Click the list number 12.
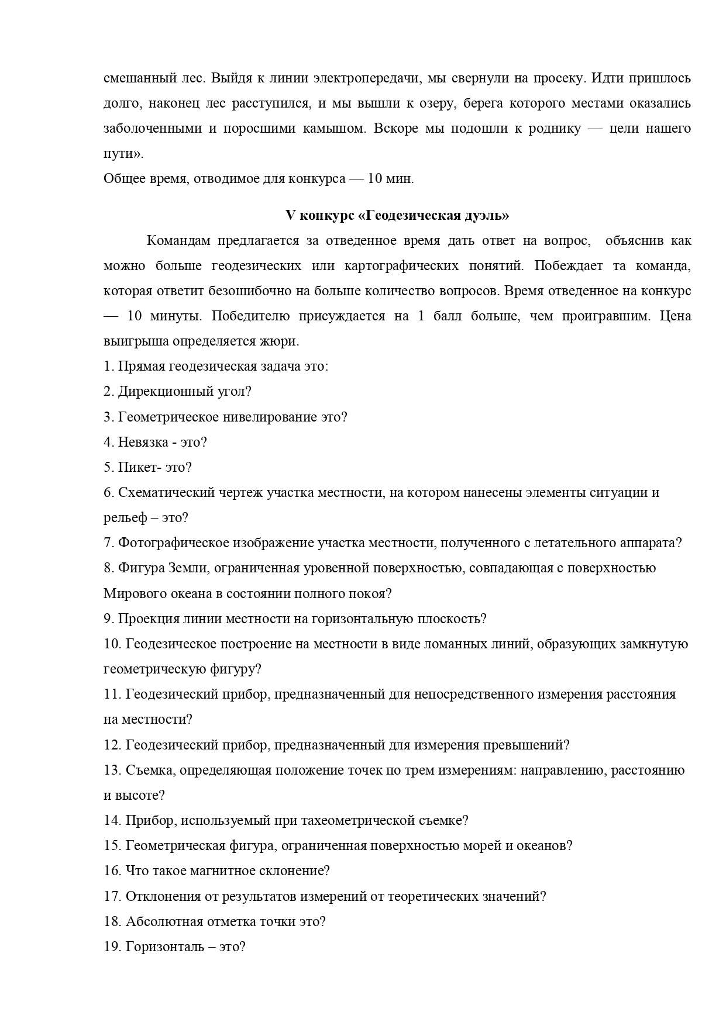pos(112,745)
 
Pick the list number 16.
pos(112,870)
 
